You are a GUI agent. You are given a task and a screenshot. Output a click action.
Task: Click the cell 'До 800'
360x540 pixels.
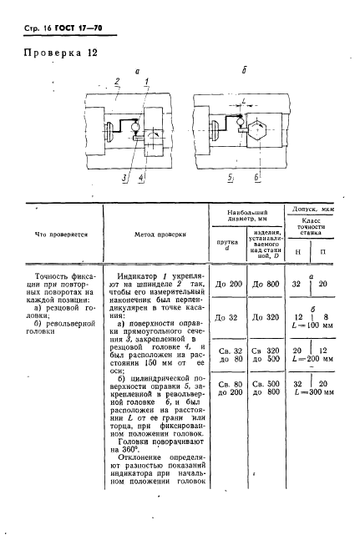[263, 285]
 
